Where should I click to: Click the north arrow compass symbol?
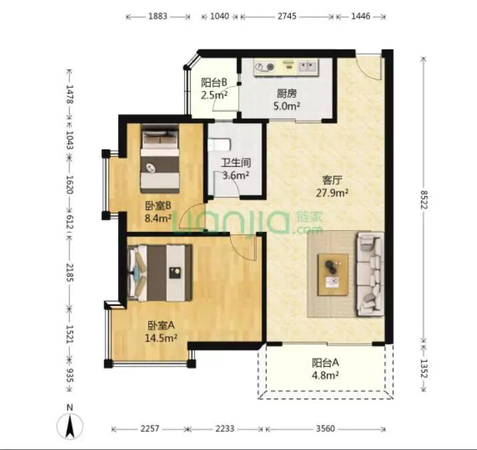coord(70,426)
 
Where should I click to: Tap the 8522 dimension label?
coord(424,199)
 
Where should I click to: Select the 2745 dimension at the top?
coord(287,16)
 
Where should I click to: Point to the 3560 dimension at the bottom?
coord(325,429)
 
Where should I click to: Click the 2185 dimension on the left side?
coord(69,273)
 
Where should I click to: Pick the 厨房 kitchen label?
coord(287,93)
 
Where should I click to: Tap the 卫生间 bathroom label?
coord(235,163)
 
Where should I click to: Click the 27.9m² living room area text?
coord(332,193)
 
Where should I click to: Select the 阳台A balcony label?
coord(325,363)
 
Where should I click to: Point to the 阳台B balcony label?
coord(214,83)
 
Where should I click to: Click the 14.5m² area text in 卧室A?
coord(161,338)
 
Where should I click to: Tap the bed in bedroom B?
coord(160,159)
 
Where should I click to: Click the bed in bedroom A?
coord(160,273)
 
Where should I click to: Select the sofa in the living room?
coord(370,274)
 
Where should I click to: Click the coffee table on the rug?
coord(333,275)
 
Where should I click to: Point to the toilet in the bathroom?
coord(219,145)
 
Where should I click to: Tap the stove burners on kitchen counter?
coord(264,67)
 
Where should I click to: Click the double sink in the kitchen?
coord(308,66)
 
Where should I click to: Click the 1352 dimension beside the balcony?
coord(424,368)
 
